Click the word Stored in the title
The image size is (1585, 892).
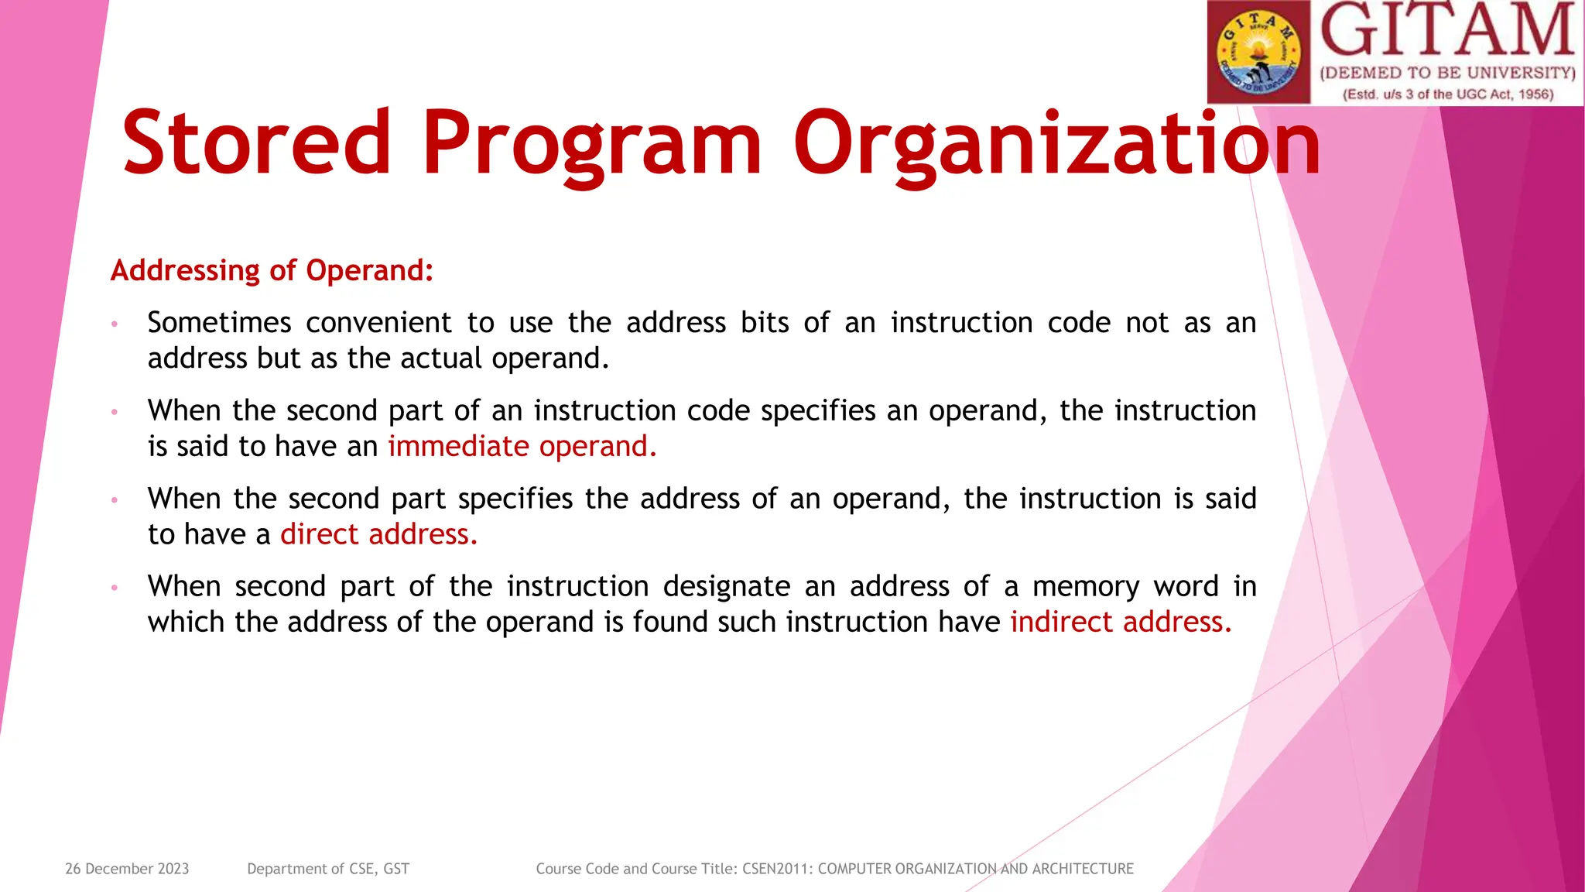point(256,143)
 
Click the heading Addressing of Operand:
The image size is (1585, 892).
point(272,270)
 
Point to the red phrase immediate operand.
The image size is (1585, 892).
point(522,447)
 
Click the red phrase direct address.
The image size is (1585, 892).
point(378,534)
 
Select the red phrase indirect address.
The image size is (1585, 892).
point(1120,623)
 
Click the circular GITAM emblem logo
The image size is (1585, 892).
point(1258,53)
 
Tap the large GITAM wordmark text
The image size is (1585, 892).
point(1447,31)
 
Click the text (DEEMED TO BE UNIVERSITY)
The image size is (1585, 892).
point(1447,74)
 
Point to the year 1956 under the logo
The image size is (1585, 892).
point(1535,94)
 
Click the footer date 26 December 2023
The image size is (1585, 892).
point(127,869)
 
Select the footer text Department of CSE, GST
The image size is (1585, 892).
point(328,869)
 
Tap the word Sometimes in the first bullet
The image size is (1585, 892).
point(219,323)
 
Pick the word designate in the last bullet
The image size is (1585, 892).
point(726,587)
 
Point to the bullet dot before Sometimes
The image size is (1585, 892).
point(114,324)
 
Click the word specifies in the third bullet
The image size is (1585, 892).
point(515,499)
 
